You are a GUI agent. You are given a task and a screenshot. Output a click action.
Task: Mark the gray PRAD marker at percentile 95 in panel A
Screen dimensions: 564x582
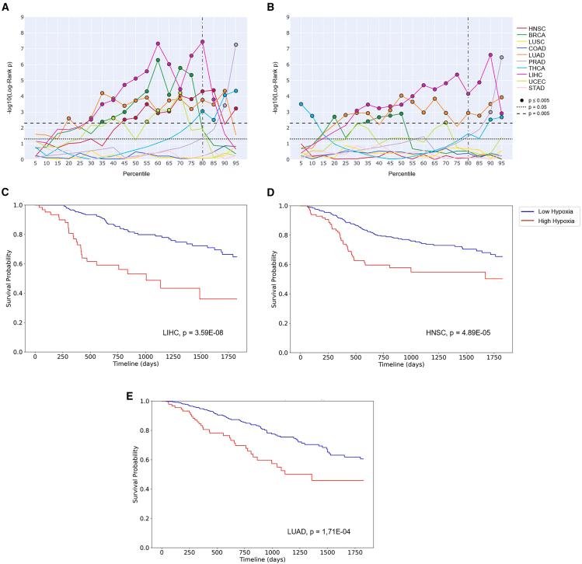tap(235, 45)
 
